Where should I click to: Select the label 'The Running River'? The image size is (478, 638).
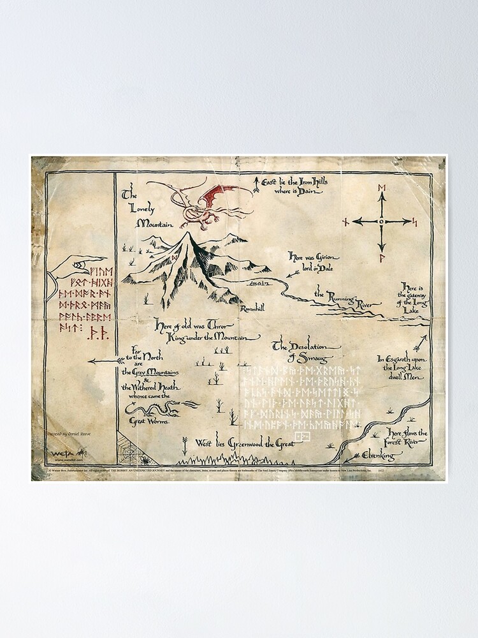point(342,295)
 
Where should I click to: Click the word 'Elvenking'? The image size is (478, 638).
point(379,456)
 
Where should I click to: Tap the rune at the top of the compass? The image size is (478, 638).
point(382,186)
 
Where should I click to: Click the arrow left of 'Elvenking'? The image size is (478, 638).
point(348,456)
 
